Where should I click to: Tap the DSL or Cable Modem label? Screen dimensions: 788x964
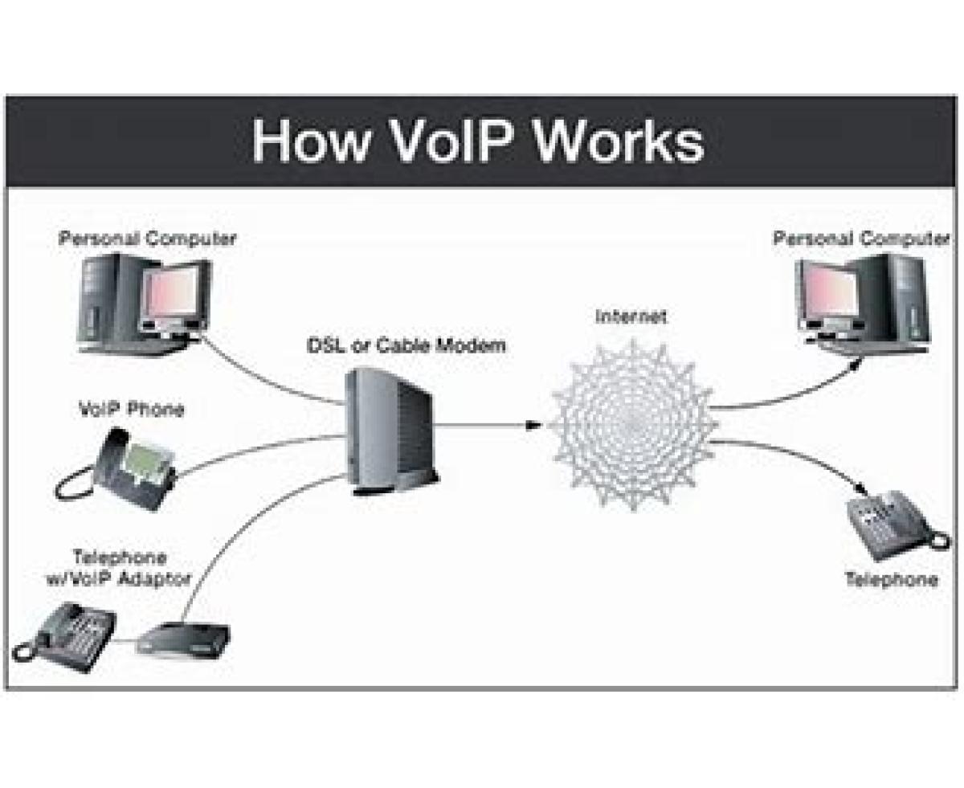pyautogui.click(x=406, y=346)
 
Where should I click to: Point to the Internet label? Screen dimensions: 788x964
pyautogui.click(x=631, y=316)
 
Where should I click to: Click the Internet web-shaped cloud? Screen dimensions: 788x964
pyautogui.click(x=634, y=424)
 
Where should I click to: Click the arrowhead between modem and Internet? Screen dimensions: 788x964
pyautogui.click(x=531, y=425)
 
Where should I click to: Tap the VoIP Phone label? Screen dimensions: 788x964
pyautogui.click(x=131, y=409)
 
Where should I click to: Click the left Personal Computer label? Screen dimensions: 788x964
pyautogui.click(x=147, y=239)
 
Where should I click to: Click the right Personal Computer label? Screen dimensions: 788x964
pyautogui.click(x=860, y=239)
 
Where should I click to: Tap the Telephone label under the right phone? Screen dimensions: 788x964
pyautogui.click(x=891, y=579)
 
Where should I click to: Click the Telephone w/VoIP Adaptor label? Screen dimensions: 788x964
pyautogui.click(x=120, y=567)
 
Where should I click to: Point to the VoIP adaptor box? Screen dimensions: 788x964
pyautogui.click(x=184, y=638)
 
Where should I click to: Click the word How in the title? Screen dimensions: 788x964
pyautogui.click(x=312, y=141)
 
